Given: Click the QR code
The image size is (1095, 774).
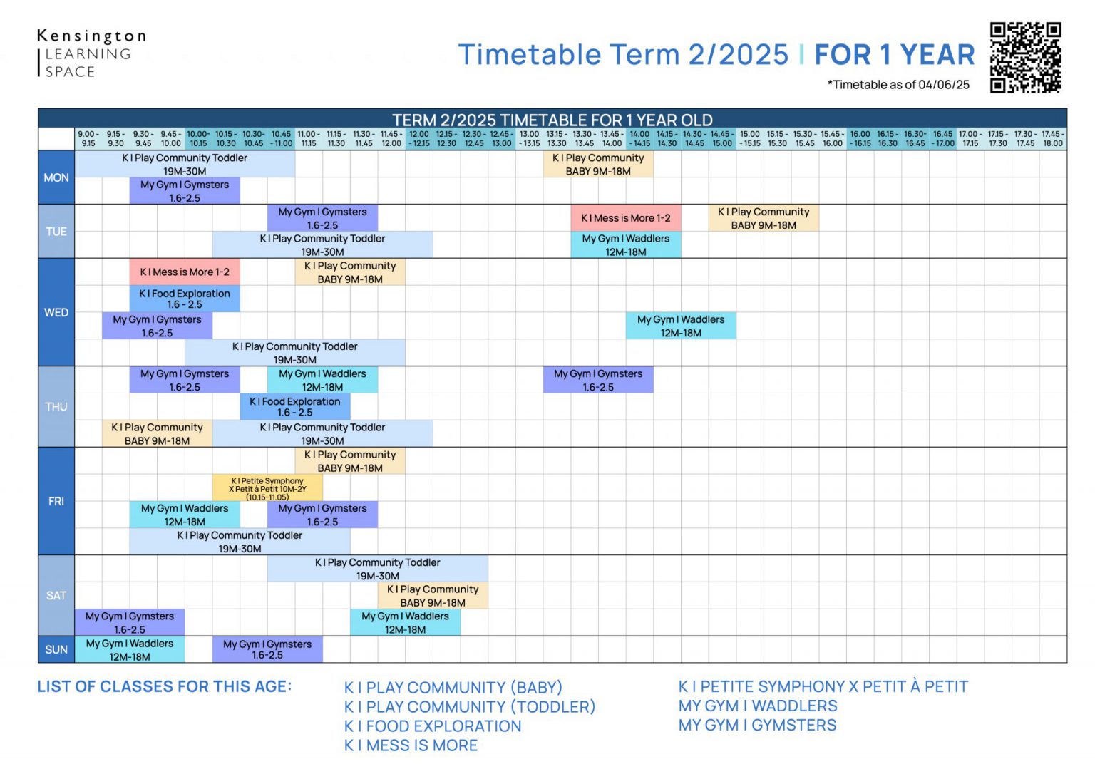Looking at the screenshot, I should tap(1025, 58).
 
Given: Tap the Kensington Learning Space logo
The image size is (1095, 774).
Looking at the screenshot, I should tap(91, 53).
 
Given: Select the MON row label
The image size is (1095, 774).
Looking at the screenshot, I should tap(56, 177).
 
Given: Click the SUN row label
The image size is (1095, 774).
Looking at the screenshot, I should tap(56, 649).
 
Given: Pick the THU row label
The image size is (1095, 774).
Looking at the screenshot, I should tap(56, 406).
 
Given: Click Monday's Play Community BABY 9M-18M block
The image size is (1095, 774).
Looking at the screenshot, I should tap(598, 165).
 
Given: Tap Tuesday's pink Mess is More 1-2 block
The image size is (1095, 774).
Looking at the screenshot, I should tap(625, 218).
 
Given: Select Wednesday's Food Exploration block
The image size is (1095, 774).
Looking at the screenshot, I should tap(185, 299).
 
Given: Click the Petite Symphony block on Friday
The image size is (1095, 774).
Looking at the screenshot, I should tap(267, 488).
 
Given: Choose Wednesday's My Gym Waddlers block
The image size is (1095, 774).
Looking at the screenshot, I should tap(681, 326).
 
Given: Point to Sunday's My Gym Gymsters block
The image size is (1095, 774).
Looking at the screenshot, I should tap(267, 649).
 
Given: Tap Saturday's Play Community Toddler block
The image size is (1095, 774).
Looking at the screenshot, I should tap(377, 569).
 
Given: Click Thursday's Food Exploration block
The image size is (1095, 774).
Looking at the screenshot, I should tap(294, 406).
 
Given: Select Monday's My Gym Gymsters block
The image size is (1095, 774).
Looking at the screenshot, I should tap(185, 191).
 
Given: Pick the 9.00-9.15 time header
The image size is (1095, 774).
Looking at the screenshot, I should tap(88, 138).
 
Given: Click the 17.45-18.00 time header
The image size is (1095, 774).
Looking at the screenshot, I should tap(1052, 138).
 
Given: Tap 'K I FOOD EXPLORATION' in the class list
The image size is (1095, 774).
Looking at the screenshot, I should tap(433, 726).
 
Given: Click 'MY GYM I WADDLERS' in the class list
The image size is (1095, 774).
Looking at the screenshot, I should tap(758, 706).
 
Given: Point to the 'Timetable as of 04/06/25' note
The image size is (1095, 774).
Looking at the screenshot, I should tap(898, 85).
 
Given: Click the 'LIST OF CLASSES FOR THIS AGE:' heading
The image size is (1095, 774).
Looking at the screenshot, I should tap(165, 686).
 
